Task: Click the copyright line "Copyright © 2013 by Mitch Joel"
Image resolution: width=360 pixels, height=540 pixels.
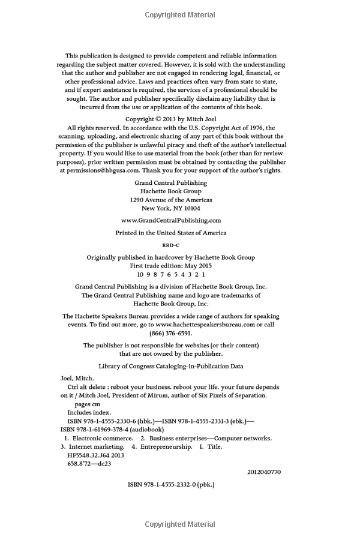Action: pos(170,119)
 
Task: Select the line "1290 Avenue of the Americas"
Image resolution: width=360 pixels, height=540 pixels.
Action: pos(170,200)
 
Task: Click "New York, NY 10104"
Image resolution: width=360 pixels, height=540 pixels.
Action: pos(170,208)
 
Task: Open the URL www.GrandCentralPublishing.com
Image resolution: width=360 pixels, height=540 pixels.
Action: pos(170,220)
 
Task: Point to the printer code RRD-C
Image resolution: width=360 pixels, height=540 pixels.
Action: pos(170,245)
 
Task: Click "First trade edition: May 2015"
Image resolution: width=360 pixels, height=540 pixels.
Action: pos(170,265)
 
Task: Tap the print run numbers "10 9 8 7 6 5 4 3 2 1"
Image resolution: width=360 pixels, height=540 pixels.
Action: pos(170,274)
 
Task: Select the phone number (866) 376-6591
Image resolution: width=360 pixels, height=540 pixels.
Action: pos(170,333)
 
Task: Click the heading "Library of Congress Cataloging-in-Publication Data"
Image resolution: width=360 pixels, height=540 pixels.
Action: pos(170,366)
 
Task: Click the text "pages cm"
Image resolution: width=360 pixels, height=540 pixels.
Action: pos(83,404)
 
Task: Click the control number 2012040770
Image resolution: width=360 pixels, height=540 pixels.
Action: pos(263,472)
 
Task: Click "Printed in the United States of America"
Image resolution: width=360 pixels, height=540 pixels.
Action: pos(170,233)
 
